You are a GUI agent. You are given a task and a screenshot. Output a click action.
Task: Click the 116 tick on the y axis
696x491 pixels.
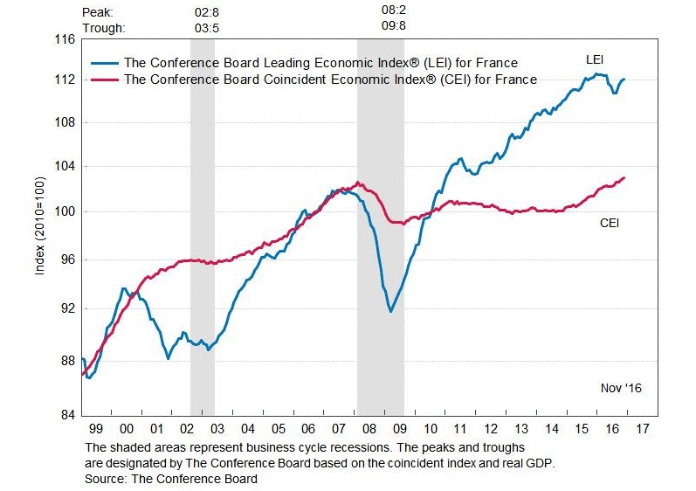[64, 40]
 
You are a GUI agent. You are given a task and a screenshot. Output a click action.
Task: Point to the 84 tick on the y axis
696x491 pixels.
[64, 415]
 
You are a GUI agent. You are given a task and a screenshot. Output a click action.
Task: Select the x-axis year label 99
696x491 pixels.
[96, 430]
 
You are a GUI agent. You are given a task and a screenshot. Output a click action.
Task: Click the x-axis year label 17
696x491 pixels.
[642, 430]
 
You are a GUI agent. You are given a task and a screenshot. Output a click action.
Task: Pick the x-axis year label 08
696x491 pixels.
[369, 430]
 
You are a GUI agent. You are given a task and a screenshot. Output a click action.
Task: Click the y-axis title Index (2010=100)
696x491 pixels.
[39, 227]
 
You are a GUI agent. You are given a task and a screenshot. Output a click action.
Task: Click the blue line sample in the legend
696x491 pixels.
[105, 63]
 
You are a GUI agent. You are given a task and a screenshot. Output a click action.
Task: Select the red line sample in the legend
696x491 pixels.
[105, 80]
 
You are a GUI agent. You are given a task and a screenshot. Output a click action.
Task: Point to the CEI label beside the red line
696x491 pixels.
[610, 224]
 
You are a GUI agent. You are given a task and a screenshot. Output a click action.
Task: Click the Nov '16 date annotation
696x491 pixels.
[620, 386]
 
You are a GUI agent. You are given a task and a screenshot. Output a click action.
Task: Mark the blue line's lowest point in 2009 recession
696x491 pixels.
[390, 311]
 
